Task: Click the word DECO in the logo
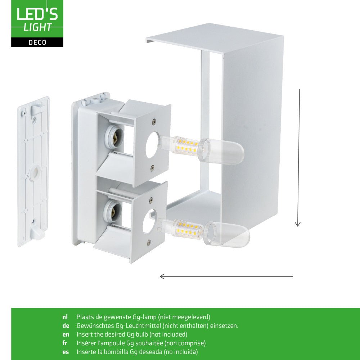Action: [37, 42]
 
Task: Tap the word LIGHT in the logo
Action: [37, 27]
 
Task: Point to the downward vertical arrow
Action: [298, 158]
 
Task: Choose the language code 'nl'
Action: [65, 317]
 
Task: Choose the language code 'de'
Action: [65, 326]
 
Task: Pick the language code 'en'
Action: [65, 334]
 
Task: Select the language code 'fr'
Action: [64, 343]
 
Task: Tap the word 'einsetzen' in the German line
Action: [225, 326]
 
